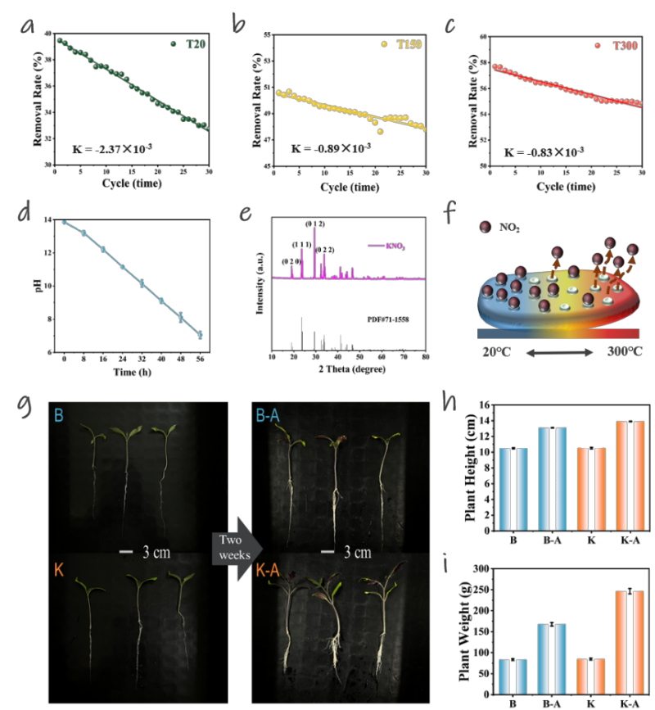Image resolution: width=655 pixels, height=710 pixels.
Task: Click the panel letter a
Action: coord(28,28)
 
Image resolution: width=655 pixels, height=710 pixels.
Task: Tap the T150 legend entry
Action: coord(401,43)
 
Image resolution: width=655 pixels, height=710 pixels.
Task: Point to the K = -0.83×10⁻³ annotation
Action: coord(544,152)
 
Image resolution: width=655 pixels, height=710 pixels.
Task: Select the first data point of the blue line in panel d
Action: coord(64,222)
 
